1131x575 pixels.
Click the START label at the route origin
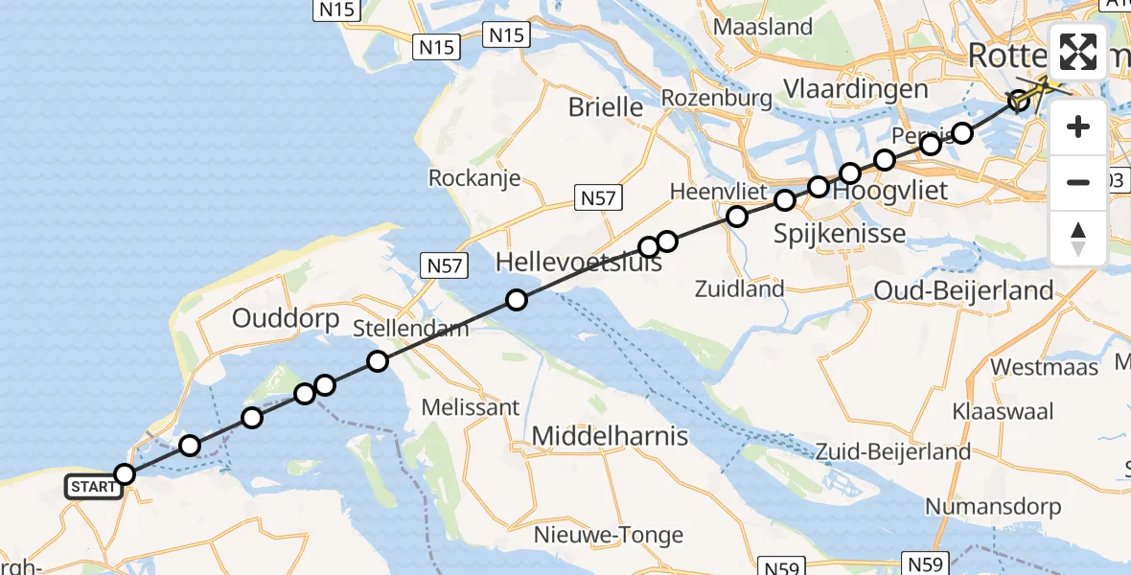pyautogui.click(x=93, y=487)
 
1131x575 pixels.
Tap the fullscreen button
pyautogui.click(x=1078, y=52)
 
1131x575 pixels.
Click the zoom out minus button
pyautogui.click(x=1078, y=182)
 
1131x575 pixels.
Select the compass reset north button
pyautogui.click(x=1078, y=238)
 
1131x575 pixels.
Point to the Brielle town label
pyautogui.click(x=606, y=106)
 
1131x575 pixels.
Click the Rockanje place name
pyautogui.click(x=474, y=177)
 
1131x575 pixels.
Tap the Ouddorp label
pyautogui.click(x=286, y=318)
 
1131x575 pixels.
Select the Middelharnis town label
pyautogui.click(x=610, y=437)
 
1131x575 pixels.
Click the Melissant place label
pyautogui.click(x=471, y=407)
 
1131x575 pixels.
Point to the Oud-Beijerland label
pyautogui.click(x=963, y=289)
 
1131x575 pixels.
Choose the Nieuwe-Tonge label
pyautogui.click(x=610, y=535)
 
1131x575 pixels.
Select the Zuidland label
pyautogui.click(x=741, y=287)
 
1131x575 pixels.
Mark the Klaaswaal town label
pyautogui.click(x=1003, y=411)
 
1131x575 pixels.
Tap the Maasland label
pyautogui.click(x=764, y=27)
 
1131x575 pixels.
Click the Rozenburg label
pyautogui.click(x=717, y=98)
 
